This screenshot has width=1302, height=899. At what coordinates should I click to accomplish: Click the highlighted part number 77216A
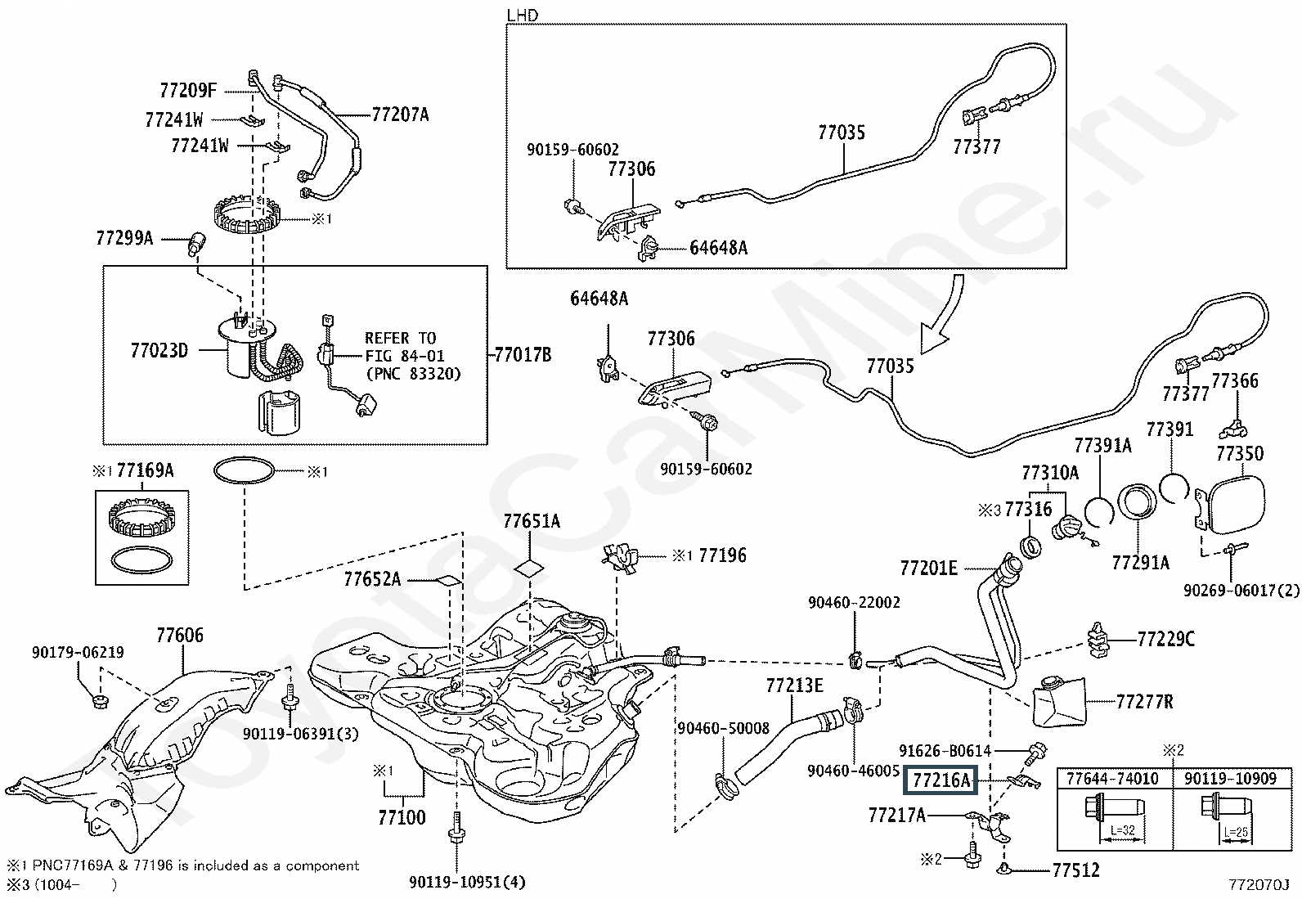pos(941,780)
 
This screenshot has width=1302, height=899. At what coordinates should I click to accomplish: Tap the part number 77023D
pos(159,351)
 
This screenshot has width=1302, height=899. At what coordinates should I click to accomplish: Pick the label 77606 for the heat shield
pos(180,636)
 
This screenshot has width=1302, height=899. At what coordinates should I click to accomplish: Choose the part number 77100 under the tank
pos(402,816)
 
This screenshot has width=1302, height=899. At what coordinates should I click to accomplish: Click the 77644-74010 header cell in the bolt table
pos(1111,778)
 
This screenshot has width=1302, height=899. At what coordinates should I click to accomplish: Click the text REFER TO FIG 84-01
pos(400,347)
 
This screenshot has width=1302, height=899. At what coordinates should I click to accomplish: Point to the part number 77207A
pos(400,115)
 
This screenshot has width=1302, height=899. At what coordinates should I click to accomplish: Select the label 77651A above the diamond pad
pos(532,521)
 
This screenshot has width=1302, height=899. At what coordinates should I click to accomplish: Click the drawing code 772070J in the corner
pos(1259,885)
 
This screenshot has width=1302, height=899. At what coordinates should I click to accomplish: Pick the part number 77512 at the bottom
pos(1075,870)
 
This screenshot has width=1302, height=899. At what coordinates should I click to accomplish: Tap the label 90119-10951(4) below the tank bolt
pos(467,882)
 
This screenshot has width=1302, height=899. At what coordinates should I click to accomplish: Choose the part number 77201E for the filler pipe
pos(928,568)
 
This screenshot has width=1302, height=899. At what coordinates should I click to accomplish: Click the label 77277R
pos(1144,700)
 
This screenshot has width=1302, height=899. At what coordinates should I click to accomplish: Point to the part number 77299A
pos(124,239)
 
